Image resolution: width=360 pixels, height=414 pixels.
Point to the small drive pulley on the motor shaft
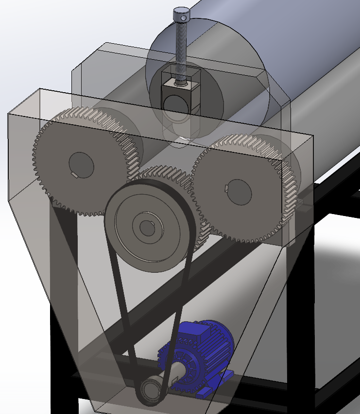click(149, 389)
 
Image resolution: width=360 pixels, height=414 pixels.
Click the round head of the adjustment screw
click(181, 15)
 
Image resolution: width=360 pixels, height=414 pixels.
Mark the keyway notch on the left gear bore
click(74, 174)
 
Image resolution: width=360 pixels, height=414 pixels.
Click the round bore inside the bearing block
click(175, 104)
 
